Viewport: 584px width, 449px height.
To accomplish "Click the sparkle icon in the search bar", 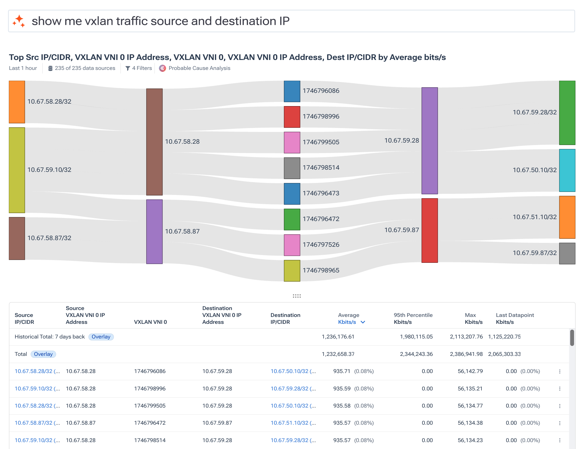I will point(19,21).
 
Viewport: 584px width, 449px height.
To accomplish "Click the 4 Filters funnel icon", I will point(128,68).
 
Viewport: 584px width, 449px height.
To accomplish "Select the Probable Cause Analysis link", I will point(199,68).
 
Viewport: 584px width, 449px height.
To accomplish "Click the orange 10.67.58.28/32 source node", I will point(17,102).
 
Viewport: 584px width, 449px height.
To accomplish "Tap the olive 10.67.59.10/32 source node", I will point(17,170).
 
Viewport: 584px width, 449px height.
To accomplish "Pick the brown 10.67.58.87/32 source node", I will point(17,238).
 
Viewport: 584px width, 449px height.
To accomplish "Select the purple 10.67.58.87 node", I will point(154,232).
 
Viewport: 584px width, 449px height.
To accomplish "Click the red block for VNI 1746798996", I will point(292,117).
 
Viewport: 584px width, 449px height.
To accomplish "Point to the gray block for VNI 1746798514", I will point(292,168).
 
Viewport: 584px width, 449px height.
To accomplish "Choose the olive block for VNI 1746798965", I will point(292,271).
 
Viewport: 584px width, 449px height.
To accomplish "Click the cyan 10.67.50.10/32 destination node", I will point(567,170).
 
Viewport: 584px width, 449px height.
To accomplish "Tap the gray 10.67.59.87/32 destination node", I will point(567,253).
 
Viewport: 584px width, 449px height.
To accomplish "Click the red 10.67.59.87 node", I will point(430,230).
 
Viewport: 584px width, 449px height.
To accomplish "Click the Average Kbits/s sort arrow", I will point(363,322).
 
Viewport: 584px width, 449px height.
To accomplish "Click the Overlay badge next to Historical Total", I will point(101,337).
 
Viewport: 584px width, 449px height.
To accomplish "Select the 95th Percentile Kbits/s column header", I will point(413,318).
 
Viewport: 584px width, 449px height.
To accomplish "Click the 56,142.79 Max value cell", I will point(470,371).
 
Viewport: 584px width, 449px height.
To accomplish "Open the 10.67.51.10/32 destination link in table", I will point(289,423).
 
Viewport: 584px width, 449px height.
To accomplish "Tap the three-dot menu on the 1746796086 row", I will point(560,371).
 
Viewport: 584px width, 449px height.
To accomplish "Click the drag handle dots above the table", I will point(297,296).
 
